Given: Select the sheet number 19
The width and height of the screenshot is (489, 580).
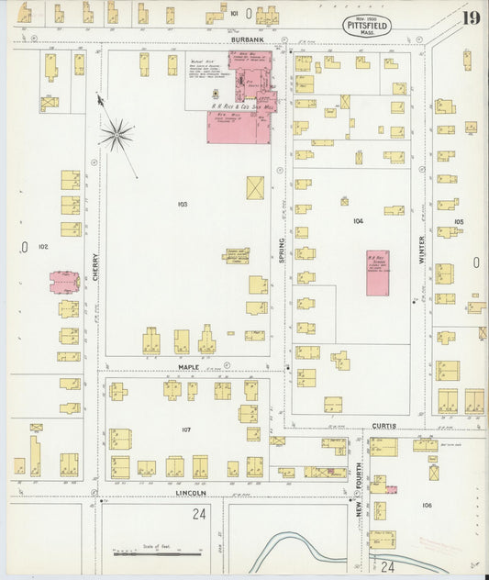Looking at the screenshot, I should [471, 18].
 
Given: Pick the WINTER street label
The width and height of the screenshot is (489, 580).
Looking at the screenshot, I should [423, 249].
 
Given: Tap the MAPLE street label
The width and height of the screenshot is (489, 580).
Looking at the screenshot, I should [190, 367].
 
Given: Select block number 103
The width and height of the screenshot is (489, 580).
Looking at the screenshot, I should [183, 203].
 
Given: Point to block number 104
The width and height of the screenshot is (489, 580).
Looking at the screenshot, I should [357, 221].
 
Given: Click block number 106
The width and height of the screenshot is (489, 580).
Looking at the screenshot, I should [426, 505].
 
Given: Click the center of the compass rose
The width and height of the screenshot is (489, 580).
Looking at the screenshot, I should [117, 136].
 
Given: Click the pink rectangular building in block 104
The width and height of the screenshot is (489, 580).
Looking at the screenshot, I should [377, 272].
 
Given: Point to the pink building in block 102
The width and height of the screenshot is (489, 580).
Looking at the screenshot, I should [64, 282].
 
